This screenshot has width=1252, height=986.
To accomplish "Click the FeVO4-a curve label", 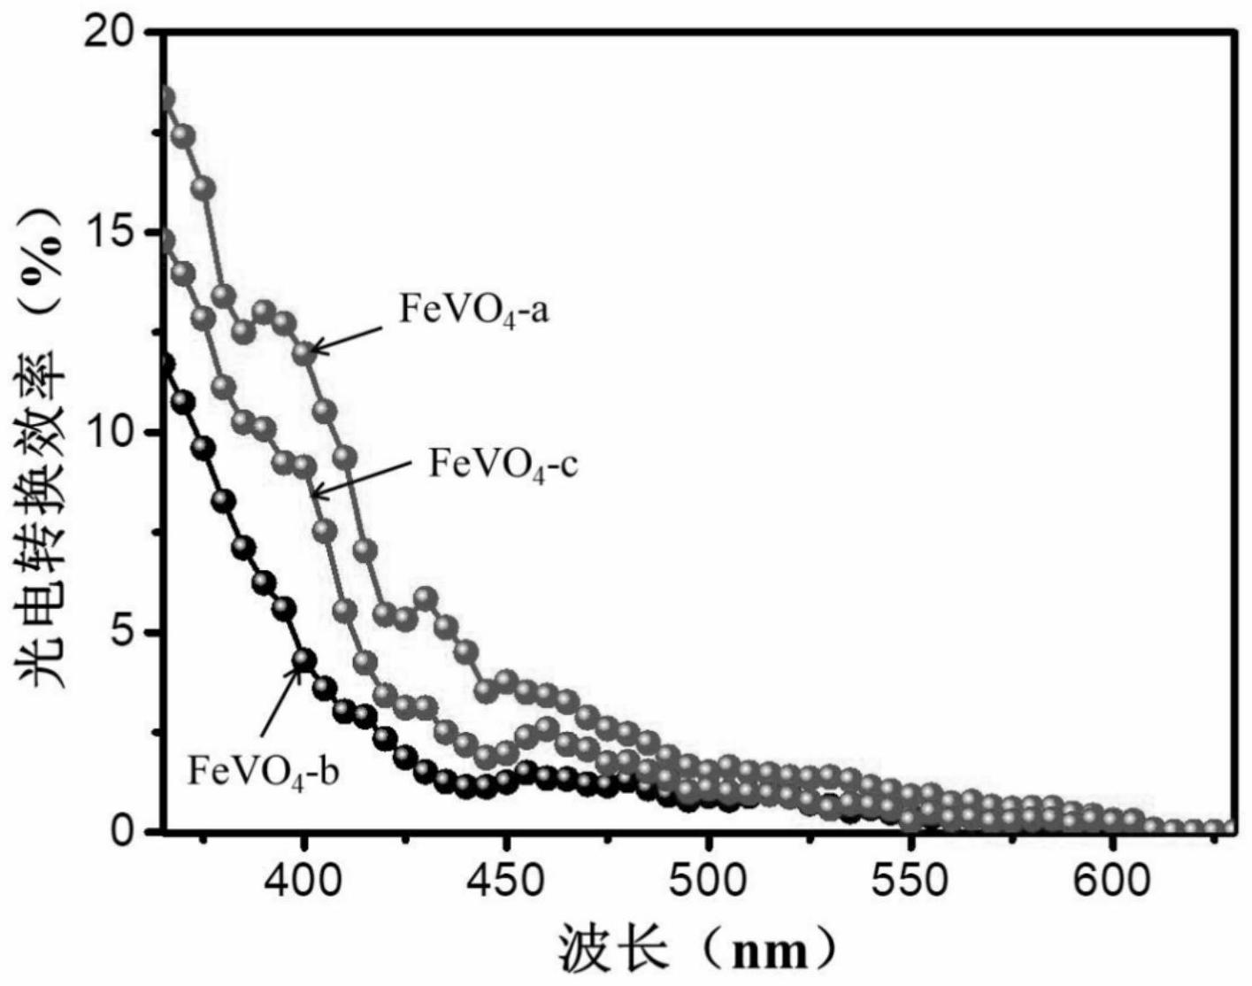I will [474, 312].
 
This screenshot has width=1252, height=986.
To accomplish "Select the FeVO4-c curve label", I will [503, 464].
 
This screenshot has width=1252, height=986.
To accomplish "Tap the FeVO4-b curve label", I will [263, 771].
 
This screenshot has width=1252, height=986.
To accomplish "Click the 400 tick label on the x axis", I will [304, 882].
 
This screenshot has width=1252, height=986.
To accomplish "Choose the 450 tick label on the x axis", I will [506, 882].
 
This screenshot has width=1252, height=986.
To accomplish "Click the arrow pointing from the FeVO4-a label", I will [347, 338].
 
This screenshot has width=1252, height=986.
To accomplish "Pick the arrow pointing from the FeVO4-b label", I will [280, 699].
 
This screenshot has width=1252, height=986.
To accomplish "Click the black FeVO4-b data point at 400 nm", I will [304, 659].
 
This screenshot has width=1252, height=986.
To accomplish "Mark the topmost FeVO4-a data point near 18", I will [165, 97].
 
